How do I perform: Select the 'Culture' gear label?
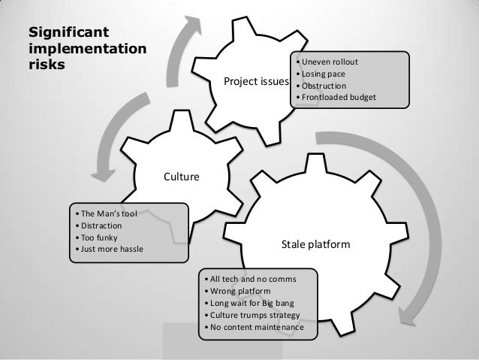pyautogui.click(x=181, y=177)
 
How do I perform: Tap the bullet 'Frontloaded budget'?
pyautogui.click(x=338, y=97)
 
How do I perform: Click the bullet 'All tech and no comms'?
pyautogui.click(x=252, y=279)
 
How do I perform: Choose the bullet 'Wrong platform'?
pyautogui.click(x=240, y=291)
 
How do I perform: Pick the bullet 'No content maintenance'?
pyautogui.click(x=255, y=328)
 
